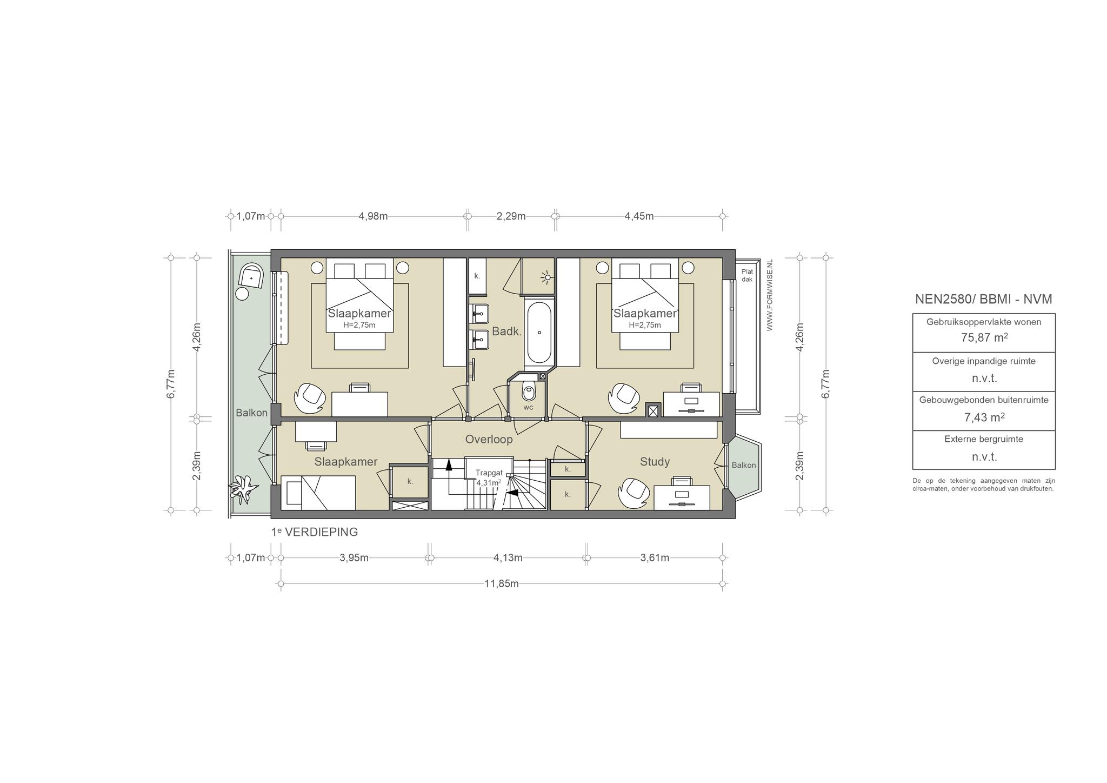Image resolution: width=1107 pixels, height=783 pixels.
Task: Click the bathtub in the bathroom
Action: pyautogui.click(x=539, y=333)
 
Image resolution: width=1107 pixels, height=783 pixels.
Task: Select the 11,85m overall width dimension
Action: pyautogui.click(x=502, y=583)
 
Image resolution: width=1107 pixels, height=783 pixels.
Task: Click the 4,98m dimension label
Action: pyautogui.click(x=373, y=216)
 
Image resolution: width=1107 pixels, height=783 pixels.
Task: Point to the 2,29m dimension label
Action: pyautogui.click(x=511, y=216)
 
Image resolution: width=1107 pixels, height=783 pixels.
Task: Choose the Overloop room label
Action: pyautogui.click(x=489, y=440)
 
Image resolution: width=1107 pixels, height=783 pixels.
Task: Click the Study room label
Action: pyautogui.click(x=655, y=462)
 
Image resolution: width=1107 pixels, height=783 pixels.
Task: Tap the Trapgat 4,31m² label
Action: pyautogui.click(x=489, y=477)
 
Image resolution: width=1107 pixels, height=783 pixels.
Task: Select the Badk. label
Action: pyautogui.click(x=506, y=332)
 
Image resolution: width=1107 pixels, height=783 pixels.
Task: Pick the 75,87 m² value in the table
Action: pyautogui.click(x=984, y=337)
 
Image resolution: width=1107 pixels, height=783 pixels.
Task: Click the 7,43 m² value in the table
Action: pyautogui.click(x=984, y=417)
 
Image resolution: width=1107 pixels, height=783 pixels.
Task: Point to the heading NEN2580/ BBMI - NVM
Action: pyautogui.click(x=984, y=299)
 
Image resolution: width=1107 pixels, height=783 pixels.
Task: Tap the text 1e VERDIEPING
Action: pyautogui.click(x=315, y=532)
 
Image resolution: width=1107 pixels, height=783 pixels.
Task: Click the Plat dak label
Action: pyautogui.click(x=747, y=276)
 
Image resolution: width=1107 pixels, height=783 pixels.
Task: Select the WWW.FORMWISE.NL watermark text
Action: pyautogui.click(x=770, y=295)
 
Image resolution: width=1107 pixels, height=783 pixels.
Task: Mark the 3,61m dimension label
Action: pyautogui.click(x=655, y=558)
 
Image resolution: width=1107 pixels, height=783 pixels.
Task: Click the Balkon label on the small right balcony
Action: pyautogui.click(x=744, y=466)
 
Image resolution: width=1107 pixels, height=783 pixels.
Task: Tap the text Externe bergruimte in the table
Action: pyautogui.click(x=984, y=439)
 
